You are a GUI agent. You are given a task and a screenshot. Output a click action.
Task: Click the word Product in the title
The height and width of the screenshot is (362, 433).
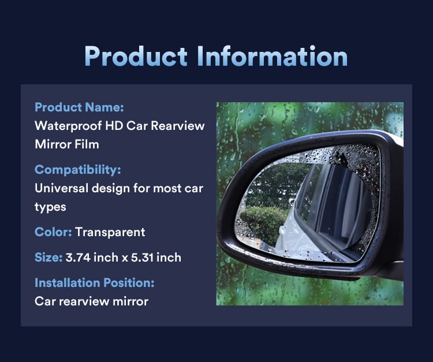point(136,56)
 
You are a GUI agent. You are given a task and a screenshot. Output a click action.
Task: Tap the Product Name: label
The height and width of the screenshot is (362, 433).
point(79,107)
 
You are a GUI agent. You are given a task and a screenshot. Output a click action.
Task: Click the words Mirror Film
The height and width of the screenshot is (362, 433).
point(66,144)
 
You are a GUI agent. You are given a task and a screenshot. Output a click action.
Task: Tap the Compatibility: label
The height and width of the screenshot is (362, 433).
point(77,170)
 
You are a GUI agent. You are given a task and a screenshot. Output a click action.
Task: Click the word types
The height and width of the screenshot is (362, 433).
point(51,207)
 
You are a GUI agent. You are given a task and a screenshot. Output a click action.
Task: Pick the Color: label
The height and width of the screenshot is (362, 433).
point(53,232)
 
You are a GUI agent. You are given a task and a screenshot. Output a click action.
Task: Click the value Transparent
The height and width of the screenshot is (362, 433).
point(110,232)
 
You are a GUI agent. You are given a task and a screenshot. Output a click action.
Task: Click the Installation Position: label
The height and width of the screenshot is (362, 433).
point(95,283)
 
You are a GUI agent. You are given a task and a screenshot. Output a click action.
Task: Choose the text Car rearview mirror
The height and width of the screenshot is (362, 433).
point(91,301)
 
